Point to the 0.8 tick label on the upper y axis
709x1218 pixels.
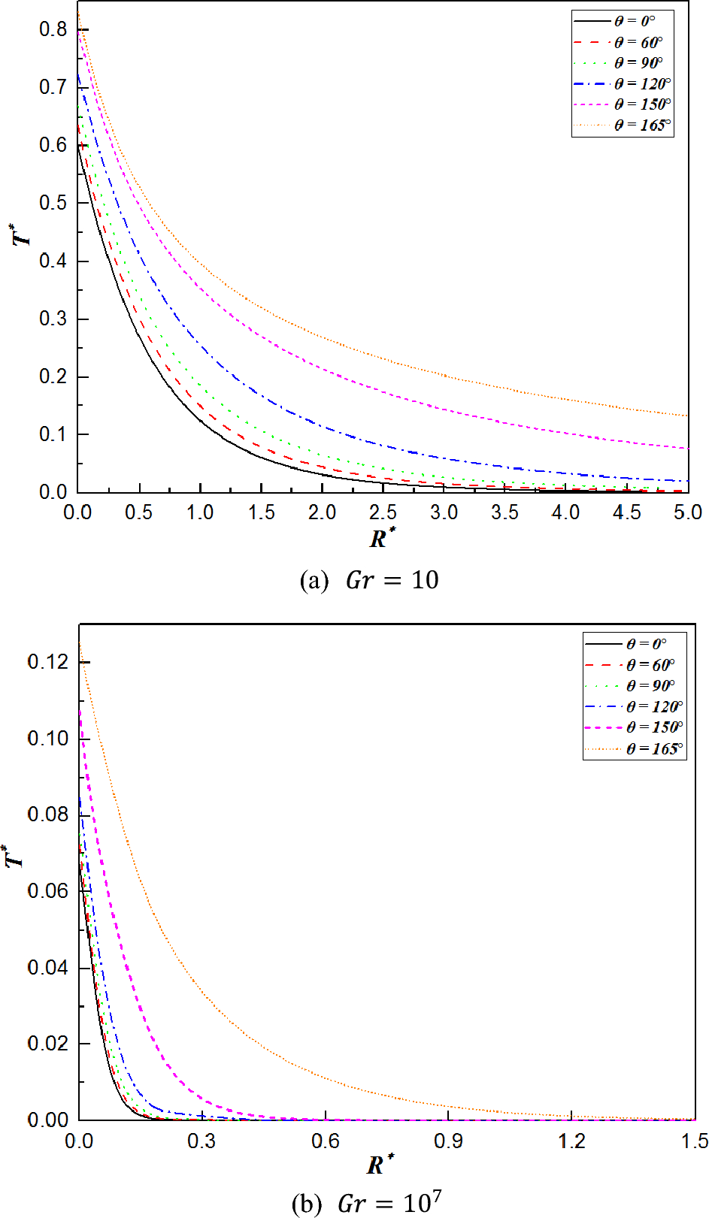[53, 29]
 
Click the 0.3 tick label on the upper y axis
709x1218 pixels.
[53, 319]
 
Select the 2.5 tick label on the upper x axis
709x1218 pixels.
[383, 512]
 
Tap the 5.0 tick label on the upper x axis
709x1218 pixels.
[687, 512]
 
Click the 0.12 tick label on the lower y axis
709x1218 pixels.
[47, 662]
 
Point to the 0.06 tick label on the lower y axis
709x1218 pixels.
[47, 891]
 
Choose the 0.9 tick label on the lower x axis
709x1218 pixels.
[448, 1141]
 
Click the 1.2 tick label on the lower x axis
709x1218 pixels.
[571, 1141]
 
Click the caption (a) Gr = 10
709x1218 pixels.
[368, 580]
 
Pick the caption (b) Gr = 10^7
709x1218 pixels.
[365, 1203]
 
